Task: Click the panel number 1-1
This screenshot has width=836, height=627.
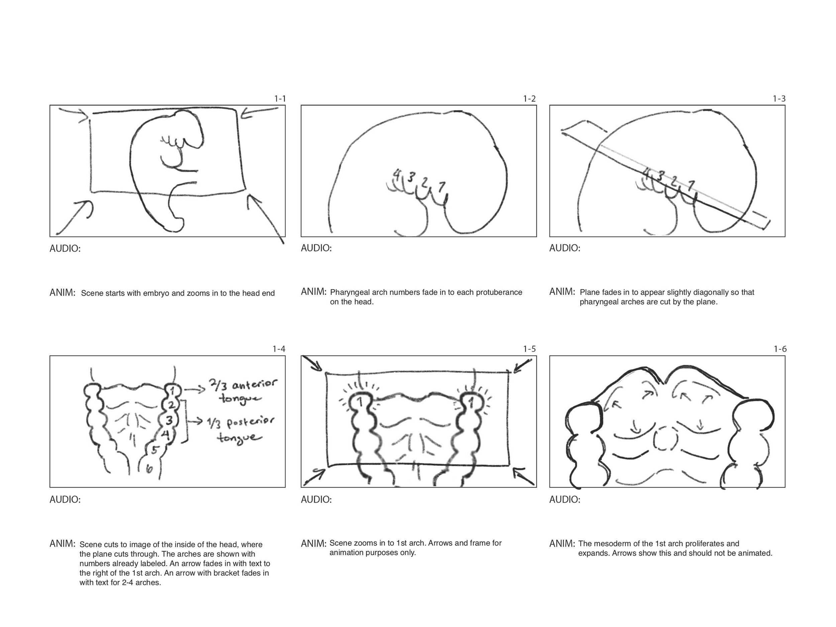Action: point(280,99)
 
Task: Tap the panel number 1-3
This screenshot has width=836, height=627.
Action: point(779,99)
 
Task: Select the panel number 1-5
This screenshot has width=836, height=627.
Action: point(529,349)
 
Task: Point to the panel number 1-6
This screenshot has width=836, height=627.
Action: point(780,349)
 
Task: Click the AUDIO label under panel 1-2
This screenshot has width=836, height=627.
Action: point(316,248)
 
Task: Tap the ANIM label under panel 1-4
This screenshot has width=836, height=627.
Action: point(62,544)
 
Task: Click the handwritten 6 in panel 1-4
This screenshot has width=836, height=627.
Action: point(149,469)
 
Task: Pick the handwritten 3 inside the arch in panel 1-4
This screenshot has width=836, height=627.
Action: point(169,420)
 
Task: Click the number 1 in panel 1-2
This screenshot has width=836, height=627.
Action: point(441,186)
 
